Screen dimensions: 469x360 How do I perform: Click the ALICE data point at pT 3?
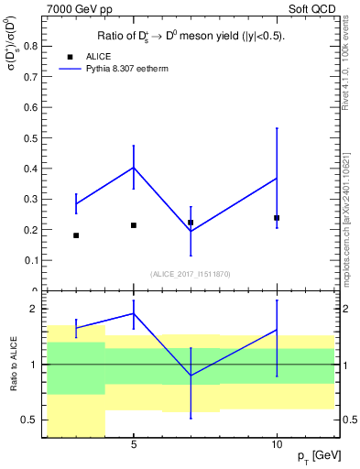[x=76, y=235]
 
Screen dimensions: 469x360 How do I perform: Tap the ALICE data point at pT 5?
[x=134, y=225]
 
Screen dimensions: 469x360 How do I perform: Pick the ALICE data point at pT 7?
[x=191, y=223]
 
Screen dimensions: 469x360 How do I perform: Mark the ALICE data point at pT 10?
[x=277, y=218]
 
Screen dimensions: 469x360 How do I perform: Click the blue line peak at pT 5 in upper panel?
[x=134, y=168]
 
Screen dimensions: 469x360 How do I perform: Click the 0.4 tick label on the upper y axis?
[x=29, y=169]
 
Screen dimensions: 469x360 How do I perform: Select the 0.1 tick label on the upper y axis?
[x=29, y=260]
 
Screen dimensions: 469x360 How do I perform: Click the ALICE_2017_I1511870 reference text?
[x=191, y=274]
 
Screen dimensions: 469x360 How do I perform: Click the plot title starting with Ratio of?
[x=191, y=36]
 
